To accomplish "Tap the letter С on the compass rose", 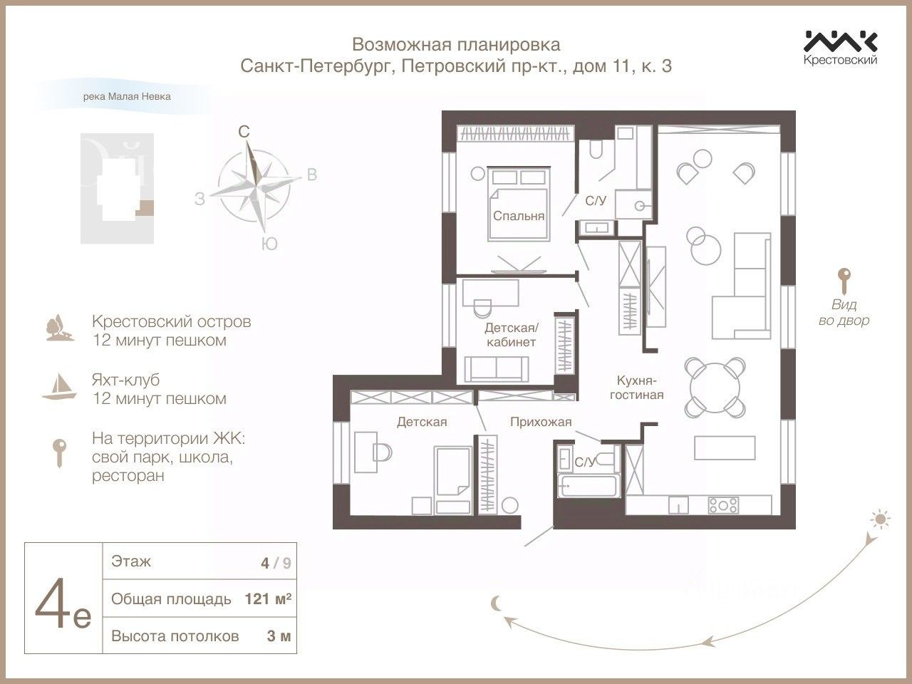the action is coord(244,132).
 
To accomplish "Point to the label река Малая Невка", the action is coord(127,97).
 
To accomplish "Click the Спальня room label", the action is coord(519,216).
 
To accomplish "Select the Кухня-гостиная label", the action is coord(636,387).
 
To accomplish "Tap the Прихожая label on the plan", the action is coord(541,422).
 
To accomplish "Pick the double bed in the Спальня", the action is coord(519,204).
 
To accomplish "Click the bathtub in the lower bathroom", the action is coord(589,486).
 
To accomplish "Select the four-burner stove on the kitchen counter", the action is coord(723,505).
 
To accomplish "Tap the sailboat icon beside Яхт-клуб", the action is coord(59,387).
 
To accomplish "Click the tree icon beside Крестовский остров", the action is coord(60,328).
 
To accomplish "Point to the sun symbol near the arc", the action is coord(880,519).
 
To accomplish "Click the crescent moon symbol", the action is coord(496,603).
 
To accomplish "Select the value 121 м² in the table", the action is coord(268,599).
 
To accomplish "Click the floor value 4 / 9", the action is coord(276,563).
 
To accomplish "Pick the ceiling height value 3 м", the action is coord(279,636).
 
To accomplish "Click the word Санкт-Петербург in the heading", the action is coord(317,66).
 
